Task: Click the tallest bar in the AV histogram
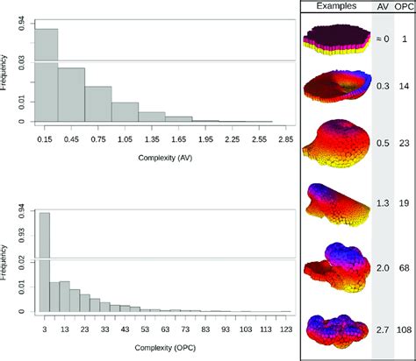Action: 46,79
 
